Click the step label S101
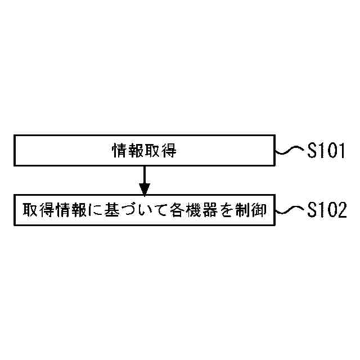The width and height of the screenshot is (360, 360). click(x=326, y=151)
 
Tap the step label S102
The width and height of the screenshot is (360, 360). click(x=326, y=211)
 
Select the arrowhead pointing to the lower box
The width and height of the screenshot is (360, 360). click(x=145, y=188)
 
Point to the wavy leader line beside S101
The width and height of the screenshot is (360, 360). click(x=290, y=151)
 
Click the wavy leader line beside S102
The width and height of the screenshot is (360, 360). click(x=290, y=210)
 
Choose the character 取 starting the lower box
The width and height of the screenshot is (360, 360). click(x=30, y=210)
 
